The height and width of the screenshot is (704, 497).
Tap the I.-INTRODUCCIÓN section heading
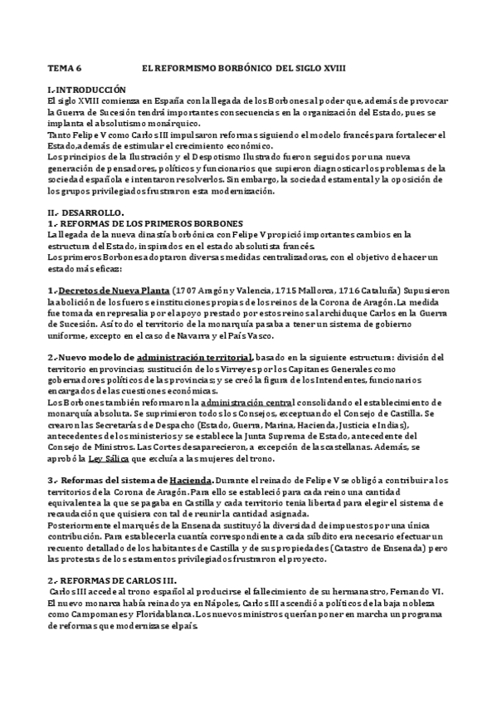pos(87,89)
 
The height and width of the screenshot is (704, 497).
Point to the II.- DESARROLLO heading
pos(85,212)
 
